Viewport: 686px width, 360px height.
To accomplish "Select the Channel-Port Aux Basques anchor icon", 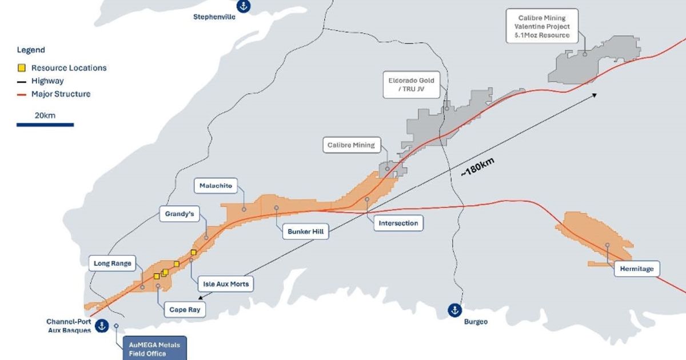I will [x=102, y=326].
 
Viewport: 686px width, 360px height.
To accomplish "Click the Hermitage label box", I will [x=637, y=269].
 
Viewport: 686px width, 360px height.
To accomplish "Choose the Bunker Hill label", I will [x=306, y=231].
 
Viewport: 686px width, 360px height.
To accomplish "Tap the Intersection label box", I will [x=398, y=223].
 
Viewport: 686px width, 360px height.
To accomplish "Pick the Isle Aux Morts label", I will [x=227, y=283].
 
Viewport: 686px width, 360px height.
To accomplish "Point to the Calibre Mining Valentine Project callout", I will [x=541, y=26].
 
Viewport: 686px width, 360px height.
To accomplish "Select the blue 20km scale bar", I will [x=45, y=124].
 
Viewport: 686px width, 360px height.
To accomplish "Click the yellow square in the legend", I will [x=21, y=68].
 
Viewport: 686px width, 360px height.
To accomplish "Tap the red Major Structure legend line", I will [x=22, y=94].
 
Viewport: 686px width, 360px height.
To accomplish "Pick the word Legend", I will [x=31, y=50].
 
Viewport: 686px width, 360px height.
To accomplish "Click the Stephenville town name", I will [x=214, y=17].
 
